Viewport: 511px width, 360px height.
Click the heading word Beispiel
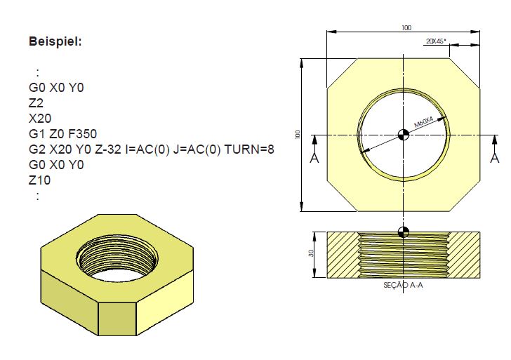point(55,41)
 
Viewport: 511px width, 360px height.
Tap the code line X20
point(40,118)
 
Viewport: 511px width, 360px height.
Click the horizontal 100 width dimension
point(406,28)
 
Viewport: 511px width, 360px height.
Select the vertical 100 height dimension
point(298,133)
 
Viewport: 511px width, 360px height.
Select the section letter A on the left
point(314,158)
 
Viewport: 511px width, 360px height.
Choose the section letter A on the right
point(494,158)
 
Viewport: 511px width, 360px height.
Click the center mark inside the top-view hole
point(404,135)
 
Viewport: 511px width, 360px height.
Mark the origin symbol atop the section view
point(404,232)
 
